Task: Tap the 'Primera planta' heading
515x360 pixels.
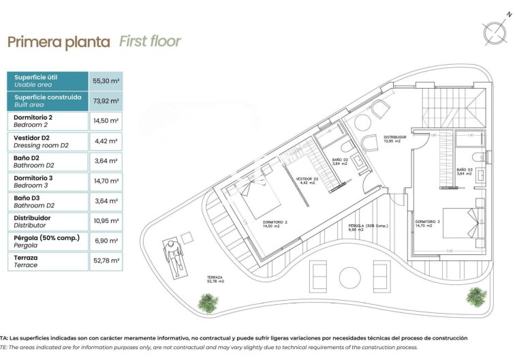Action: (x=59, y=42)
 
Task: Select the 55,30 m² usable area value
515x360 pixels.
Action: (x=106, y=81)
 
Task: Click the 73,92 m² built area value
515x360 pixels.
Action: (x=106, y=102)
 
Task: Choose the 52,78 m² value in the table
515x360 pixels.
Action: (x=106, y=260)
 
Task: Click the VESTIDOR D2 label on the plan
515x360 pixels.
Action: (x=307, y=181)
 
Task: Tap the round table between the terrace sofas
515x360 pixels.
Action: (x=349, y=277)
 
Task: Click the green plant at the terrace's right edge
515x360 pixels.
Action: (x=476, y=295)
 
